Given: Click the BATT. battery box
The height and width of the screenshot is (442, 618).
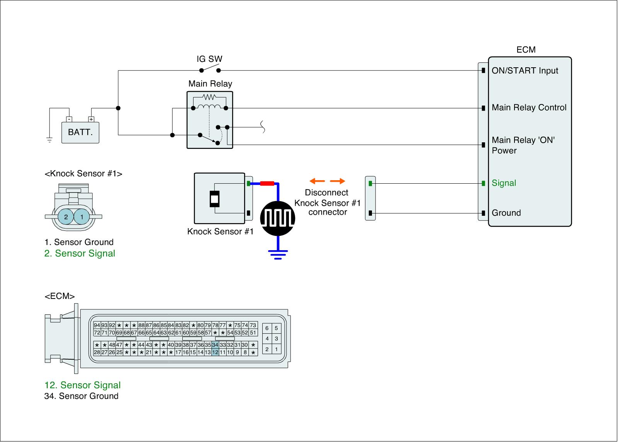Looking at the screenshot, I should point(80,132).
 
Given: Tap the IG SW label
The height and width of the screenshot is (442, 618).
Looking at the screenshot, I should point(209,59).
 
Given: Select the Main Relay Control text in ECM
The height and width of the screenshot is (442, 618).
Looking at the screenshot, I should point(529,108).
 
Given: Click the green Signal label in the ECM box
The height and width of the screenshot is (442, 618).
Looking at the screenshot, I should point(504,183).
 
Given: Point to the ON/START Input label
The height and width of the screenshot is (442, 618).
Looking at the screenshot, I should point(525,70).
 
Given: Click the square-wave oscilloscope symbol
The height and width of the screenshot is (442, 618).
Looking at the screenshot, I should point(278,218).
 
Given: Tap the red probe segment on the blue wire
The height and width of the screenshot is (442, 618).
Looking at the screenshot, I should point(267,183).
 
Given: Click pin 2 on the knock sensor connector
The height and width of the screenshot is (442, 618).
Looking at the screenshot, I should point(66,217).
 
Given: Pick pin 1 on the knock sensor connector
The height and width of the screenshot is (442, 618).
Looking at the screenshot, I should point(82,217).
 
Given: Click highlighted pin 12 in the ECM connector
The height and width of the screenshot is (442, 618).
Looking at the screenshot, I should point(215,352).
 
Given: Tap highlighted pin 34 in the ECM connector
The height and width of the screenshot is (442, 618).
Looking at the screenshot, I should point(215,345).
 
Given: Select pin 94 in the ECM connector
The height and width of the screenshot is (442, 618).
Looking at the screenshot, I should point(97,325).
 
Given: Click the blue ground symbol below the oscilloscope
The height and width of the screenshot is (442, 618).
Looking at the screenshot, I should point(278,254).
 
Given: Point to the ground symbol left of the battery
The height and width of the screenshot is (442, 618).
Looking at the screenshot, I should point(49,140).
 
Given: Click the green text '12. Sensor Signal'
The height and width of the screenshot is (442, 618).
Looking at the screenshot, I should point(83,385).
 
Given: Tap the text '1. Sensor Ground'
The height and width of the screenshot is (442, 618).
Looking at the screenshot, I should point(79,242).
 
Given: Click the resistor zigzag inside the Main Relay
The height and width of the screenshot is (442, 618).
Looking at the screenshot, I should point(209,97).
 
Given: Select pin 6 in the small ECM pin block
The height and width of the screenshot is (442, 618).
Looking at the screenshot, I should point(267,328).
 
